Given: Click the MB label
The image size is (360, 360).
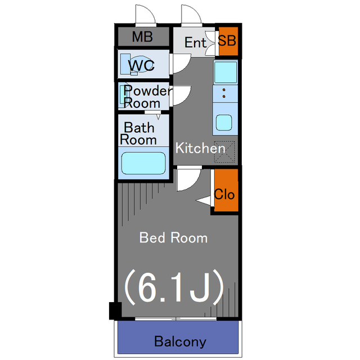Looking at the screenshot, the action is click(142, 37).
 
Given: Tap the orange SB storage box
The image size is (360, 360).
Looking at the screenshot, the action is click(228, 41).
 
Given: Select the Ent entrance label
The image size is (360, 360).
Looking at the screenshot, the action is click(195, 43).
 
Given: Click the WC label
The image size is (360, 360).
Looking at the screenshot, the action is click(141, 65).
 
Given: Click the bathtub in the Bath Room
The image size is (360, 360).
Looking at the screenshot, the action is click(143, 163).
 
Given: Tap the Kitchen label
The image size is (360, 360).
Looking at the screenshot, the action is click(200, 148).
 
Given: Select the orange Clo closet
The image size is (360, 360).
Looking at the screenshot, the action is click(226, 190).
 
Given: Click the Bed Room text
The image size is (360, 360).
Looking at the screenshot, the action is click(174, 237).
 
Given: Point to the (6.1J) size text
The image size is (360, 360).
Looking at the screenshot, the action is click(174, 287).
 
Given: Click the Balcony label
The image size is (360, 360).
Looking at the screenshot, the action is click(180, 341).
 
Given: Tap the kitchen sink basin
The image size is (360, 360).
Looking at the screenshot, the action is click(224, 123).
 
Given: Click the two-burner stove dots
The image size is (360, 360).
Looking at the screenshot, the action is click(224, 93).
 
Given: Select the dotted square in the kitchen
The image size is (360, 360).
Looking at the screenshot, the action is click(224, 152).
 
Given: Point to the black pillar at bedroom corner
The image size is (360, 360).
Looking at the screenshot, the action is click(115, 311).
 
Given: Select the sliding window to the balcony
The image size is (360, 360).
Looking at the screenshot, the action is click(175, 319).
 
